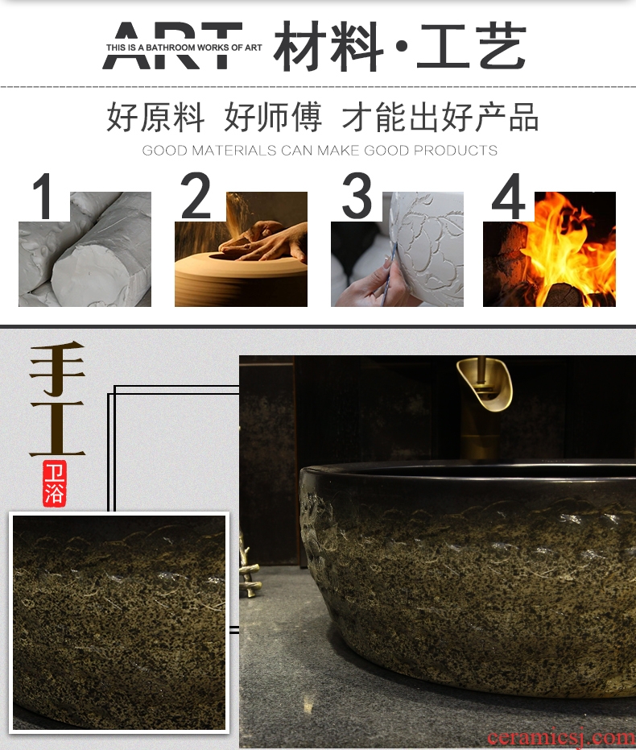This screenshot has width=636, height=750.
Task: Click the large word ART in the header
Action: point(173,45)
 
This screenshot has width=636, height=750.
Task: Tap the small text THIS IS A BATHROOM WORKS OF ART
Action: point(184,48)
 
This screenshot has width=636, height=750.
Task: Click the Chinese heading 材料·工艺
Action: point(400,47)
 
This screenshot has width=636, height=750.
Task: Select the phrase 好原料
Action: point(155,117)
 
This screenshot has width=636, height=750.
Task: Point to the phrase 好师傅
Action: point(273,117)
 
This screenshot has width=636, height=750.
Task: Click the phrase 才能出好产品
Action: point(440,117)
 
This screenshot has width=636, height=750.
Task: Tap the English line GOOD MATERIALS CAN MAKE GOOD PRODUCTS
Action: point(320,151)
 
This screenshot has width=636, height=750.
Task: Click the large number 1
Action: point(43,196)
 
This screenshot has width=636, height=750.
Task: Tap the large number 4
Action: point(509,196)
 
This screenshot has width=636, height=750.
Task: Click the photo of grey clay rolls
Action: point(85,249)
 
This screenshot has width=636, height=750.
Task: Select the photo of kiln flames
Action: point(550,249)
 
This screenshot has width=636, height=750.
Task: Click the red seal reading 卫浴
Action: point(55,483)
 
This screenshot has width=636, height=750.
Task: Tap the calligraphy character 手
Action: point(57,369)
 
